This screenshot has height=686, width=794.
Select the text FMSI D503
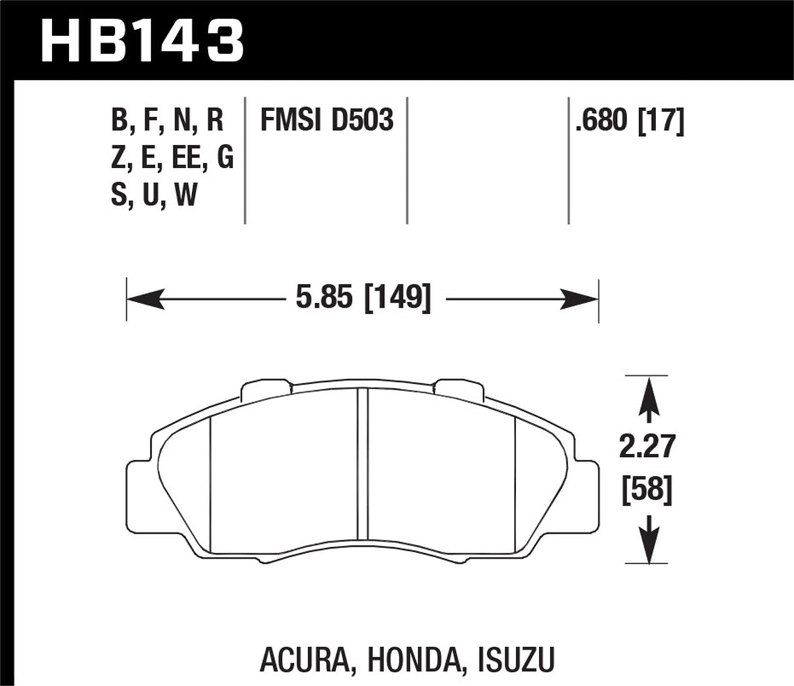(326, 121)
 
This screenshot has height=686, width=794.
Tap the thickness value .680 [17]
(629, 121)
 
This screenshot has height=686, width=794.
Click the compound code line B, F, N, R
(167, 121)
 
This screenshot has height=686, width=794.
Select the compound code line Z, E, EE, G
(172, 158)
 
